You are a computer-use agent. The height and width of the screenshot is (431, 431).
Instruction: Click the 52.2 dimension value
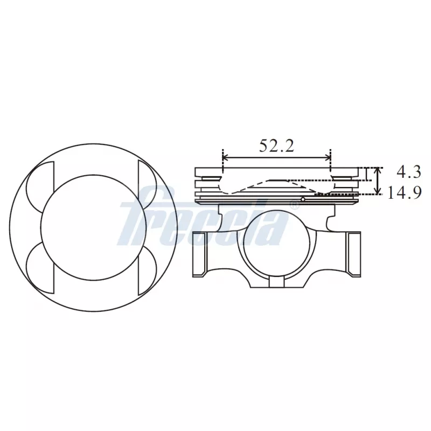pyautogui.click(x=276, y=146)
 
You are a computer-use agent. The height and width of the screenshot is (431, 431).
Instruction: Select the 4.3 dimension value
pyautogui.click(x=408, y=172)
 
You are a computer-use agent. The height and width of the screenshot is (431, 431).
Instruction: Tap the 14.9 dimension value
pyautogui.click(x=404, y=192)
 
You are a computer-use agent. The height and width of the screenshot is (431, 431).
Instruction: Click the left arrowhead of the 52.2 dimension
pyautogui.click(x=225, y=158)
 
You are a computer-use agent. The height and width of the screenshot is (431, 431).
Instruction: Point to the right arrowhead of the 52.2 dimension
pyautogui.click(x=328, y=158)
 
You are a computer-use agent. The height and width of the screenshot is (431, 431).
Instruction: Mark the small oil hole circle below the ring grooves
pyautogui.click(x=303, y=200)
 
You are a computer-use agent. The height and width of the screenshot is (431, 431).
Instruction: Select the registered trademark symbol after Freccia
pyautogui.click(x=295, y=205)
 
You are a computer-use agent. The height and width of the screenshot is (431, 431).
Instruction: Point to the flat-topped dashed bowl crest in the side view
pyautogui.click(x=286, y=179)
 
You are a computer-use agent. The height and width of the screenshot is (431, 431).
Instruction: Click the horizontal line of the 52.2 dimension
pyautogui.click(x=276, y=158)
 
